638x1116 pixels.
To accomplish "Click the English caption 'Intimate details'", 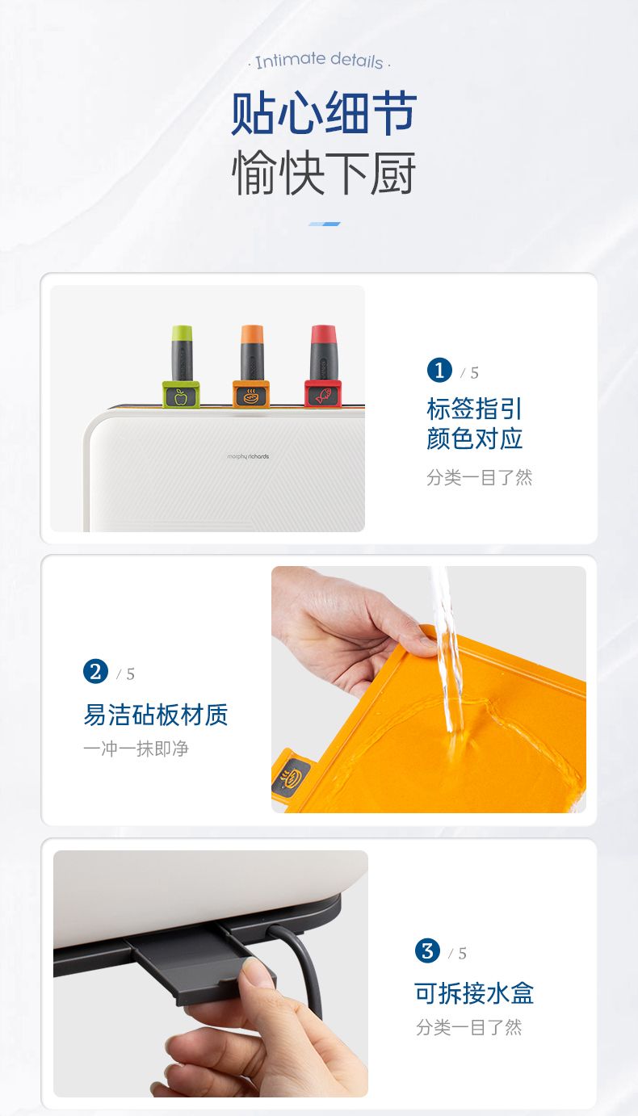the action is (319, 61).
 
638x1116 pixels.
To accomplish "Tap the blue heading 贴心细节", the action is (324, 113).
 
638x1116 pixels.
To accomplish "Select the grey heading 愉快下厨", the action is (324, 173).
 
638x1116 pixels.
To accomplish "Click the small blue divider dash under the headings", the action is (324, 224).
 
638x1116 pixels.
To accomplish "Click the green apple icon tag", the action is (181, 396).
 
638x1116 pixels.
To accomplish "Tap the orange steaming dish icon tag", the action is (251, 396).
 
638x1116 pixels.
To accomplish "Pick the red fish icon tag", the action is (323, 395).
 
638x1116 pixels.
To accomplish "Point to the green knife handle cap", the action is (182, 333).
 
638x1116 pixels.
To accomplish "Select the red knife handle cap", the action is (323, 334).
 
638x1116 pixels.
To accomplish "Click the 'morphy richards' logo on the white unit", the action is (248, 456).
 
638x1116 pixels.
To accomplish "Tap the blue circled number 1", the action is (439, 370).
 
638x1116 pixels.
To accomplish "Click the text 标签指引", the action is (474, 409).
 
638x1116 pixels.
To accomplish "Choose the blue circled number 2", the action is (95, 671).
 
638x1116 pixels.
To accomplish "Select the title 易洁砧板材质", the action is (156, 715).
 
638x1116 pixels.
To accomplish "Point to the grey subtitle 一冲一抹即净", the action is (136, 749).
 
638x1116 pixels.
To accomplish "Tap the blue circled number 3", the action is (427, 950).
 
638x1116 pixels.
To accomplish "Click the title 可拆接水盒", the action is (474, 993).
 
